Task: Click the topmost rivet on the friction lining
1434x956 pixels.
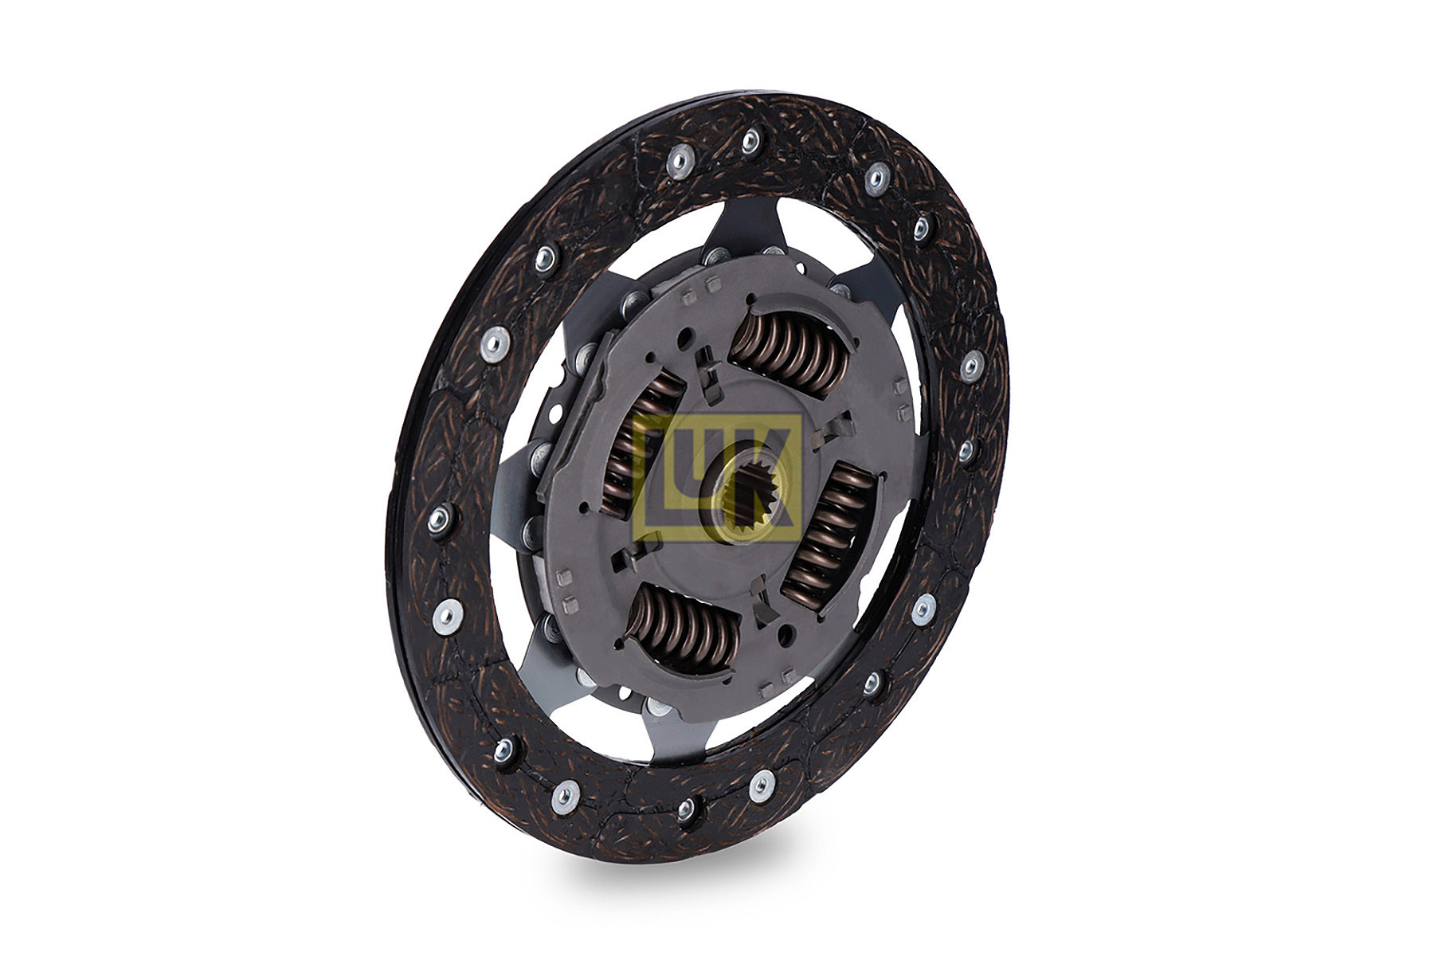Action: coord(750,142)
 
